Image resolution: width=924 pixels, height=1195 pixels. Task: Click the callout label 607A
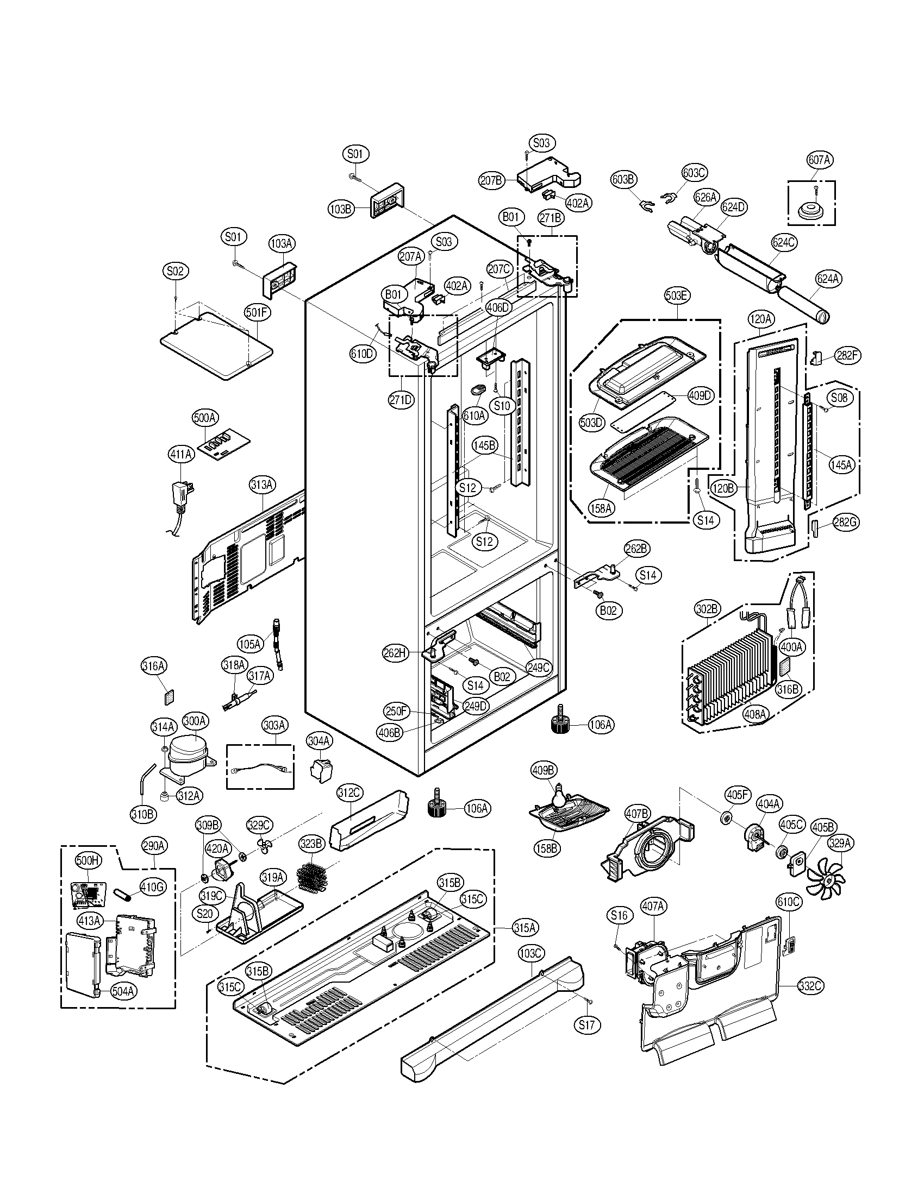[819, 160]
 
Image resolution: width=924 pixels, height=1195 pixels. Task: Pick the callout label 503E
[677, 296]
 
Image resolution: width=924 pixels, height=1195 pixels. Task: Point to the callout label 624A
[827, 279]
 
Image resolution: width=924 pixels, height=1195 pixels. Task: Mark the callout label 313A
[262, 484]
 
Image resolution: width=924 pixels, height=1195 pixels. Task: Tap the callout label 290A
[154, 845]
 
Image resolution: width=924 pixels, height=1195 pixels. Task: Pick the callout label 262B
[636, 549]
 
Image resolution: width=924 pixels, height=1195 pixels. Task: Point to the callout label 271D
[401, 399]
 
